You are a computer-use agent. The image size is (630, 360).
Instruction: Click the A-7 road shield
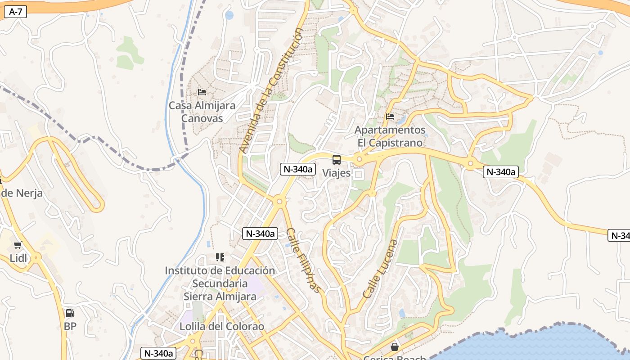click(16, 12)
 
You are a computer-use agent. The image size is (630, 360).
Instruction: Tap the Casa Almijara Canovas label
click(202, 112)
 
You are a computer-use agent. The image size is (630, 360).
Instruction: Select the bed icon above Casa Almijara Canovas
click(202, 92)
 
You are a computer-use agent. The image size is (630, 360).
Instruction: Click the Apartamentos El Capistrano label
click(390, 136)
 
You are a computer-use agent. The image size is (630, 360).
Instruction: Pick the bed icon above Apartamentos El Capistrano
click(390, 117)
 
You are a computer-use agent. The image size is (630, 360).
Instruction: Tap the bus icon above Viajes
click(336, 159)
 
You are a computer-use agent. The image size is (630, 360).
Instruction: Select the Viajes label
click(336, 173)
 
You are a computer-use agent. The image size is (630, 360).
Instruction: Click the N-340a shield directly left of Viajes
click(297, 169)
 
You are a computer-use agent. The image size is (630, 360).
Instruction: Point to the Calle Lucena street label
click(381, 269)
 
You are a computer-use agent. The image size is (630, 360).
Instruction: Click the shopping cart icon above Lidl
click(18, 245)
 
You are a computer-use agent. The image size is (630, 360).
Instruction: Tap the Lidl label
click(18, 258)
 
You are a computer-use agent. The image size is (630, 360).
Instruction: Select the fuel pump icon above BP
click(70, 313)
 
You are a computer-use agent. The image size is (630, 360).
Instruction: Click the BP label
click(70, 326)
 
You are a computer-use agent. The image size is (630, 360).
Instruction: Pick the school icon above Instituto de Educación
click(220, 257)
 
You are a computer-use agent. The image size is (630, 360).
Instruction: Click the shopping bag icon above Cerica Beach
click(395, 346)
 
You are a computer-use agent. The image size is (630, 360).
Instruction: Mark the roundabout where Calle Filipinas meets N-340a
click(279, 202)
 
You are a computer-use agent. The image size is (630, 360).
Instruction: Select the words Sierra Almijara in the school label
click(220, 297)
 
